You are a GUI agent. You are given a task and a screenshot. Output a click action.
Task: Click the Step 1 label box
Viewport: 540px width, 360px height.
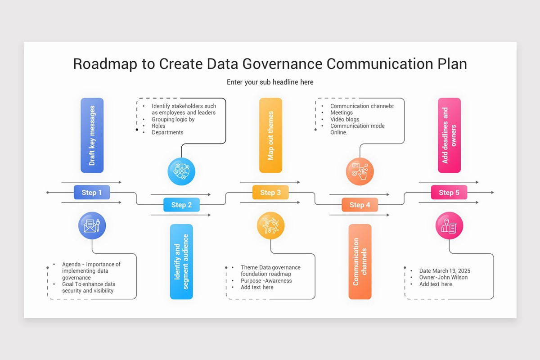[x=92, y=193]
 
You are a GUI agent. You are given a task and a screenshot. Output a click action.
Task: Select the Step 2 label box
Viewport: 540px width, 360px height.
[x=181, y=205]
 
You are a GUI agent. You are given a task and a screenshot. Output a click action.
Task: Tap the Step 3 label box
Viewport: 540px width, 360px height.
[x=270, y=193]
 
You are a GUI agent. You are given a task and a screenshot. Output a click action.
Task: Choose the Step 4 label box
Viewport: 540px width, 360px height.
[x=360, y=205]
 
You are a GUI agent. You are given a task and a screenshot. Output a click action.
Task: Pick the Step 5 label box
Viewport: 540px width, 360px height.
[x=449, y=193]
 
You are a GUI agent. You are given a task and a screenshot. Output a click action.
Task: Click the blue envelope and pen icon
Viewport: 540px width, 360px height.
[x=92, y=225]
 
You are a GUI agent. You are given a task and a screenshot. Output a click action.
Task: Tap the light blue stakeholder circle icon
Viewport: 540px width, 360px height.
[x=181, y=171]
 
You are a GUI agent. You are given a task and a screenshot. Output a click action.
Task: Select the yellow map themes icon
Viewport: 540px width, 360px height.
[x=270, y=225]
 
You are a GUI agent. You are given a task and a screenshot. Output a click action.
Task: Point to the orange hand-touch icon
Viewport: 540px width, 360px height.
[x=360, y=171]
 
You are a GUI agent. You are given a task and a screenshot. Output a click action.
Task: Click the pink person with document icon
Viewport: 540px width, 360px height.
[x=449, y=225]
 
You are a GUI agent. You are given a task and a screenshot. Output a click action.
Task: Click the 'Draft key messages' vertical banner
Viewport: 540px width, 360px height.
[x=92, y=135]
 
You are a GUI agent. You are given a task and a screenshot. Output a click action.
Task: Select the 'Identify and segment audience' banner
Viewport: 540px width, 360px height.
[x=181, y=261]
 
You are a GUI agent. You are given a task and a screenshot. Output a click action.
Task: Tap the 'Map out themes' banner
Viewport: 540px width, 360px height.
[x=270, y=135]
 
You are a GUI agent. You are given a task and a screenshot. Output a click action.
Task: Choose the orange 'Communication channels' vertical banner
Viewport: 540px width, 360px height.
[x=360, y=261]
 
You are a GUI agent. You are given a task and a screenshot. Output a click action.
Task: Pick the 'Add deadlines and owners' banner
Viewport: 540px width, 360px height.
[x=449, y=135]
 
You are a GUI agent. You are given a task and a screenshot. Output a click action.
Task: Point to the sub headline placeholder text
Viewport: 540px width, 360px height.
[x=270, y=82]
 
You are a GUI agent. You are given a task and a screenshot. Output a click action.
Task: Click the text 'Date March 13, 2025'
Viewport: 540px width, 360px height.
[x=445, y=271]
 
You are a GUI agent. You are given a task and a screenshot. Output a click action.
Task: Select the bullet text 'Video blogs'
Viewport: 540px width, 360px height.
[x=345, y=119]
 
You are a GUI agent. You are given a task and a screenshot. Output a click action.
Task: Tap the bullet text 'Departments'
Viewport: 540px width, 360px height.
[x=167, y=132]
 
